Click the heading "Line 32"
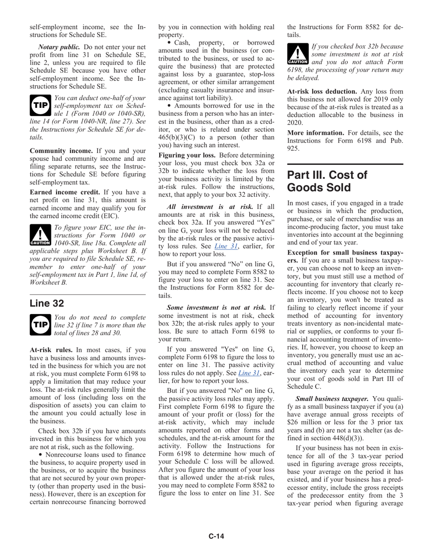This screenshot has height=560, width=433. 47,303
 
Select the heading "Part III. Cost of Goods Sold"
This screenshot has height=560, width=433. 327,182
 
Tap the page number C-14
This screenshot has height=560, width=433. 216,536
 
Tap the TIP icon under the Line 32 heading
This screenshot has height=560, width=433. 40,325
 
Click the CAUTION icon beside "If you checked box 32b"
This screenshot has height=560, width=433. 298,54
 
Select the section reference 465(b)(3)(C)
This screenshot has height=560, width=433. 180,137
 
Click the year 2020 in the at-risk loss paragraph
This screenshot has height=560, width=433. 295,122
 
